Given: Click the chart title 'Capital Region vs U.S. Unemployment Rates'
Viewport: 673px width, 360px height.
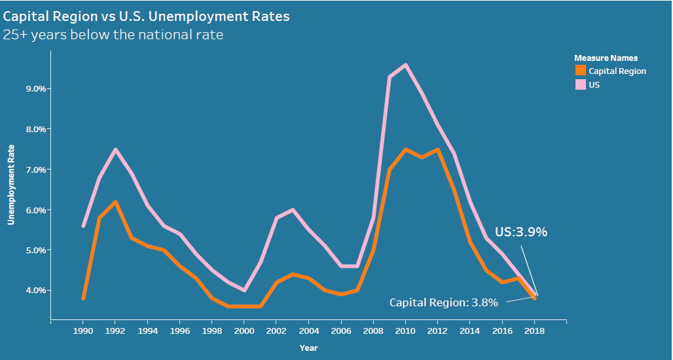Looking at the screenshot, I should tap(146, 15).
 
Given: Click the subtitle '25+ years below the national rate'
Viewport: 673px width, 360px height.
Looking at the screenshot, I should tap(113, 35).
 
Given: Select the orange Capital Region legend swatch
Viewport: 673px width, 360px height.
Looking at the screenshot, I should tap(580, 71).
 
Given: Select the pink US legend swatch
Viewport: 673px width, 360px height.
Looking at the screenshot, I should tap(580, 84).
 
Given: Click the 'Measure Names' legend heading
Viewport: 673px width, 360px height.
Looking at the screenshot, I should tap(606, 58).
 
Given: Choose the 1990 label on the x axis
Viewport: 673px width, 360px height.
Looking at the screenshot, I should tap(82, 332).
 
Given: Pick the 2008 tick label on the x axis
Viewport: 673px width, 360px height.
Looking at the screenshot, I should tap(373, 332).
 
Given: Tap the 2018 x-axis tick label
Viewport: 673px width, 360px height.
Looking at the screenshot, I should tap(535, 332).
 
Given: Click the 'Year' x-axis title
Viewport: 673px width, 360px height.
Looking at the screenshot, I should tap(308, 348).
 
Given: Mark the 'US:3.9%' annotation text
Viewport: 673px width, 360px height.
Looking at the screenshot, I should tap(521, 232).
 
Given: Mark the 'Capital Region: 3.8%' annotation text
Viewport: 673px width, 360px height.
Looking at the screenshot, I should tap(444, 302).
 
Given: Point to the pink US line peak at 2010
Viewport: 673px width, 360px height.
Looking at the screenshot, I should tap(406, 65).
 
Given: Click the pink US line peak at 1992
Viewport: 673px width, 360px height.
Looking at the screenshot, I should tap(115, 149).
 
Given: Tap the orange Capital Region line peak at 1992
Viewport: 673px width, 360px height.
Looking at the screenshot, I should tap(115, 202).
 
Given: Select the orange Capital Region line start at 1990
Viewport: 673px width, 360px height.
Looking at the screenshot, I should tap(83, 298).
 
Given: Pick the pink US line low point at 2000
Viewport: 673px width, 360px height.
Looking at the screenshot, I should tap(244, 290).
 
